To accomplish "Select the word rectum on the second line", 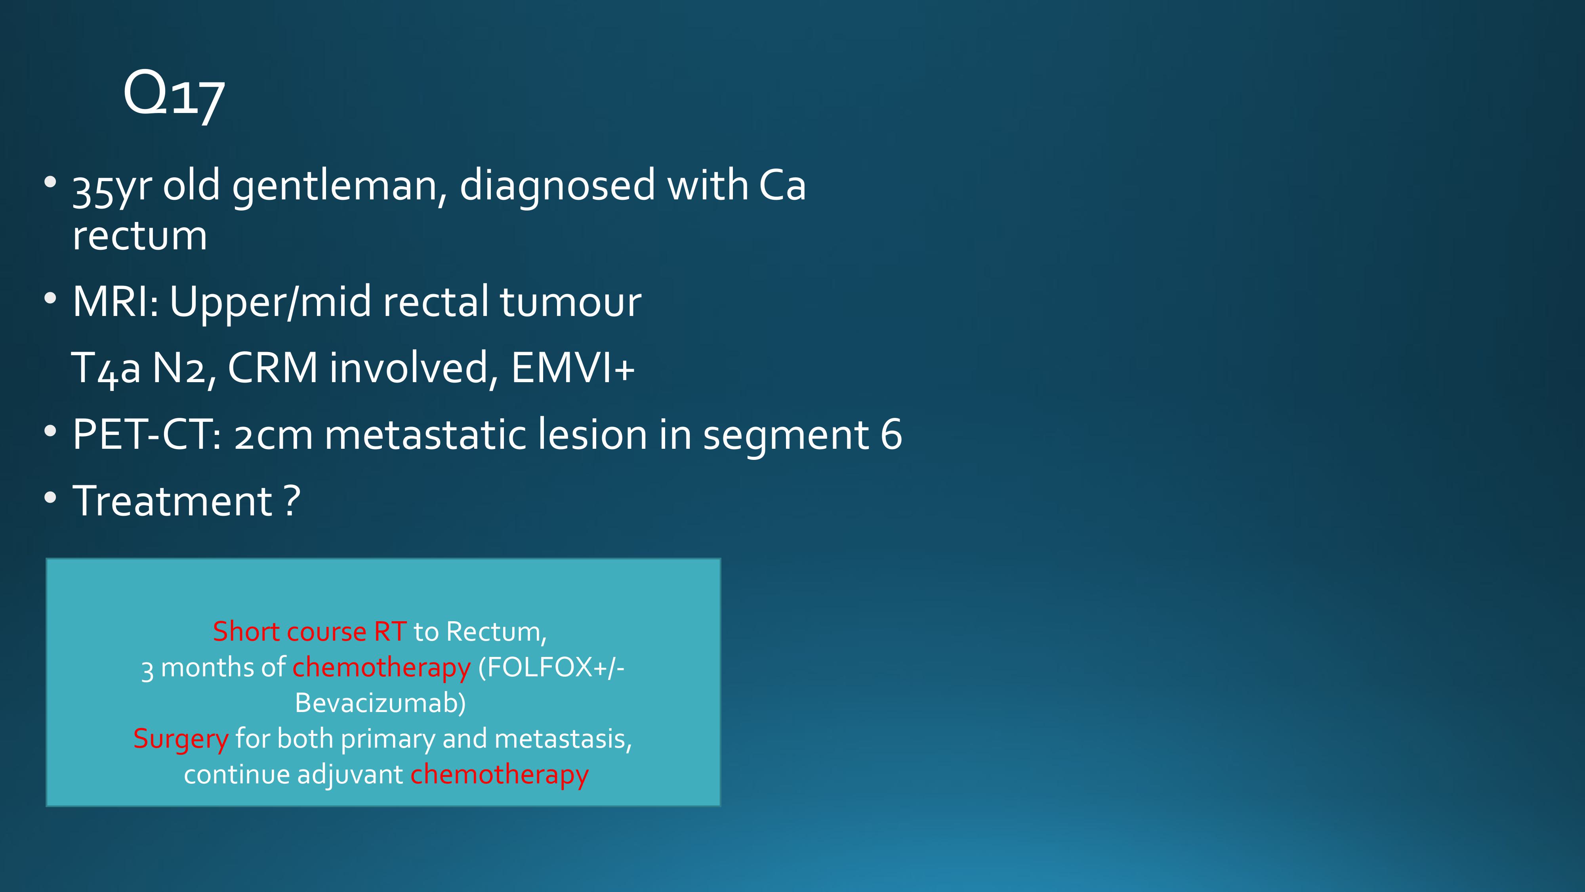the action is (x=140, y=236).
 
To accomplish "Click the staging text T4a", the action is (x=105, y=369).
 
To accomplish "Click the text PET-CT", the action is (x=147, y=435).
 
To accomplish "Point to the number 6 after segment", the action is (x=892, y=434).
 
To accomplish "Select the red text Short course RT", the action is (x=309, y=632).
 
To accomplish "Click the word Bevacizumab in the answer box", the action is (x=380, y=703).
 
